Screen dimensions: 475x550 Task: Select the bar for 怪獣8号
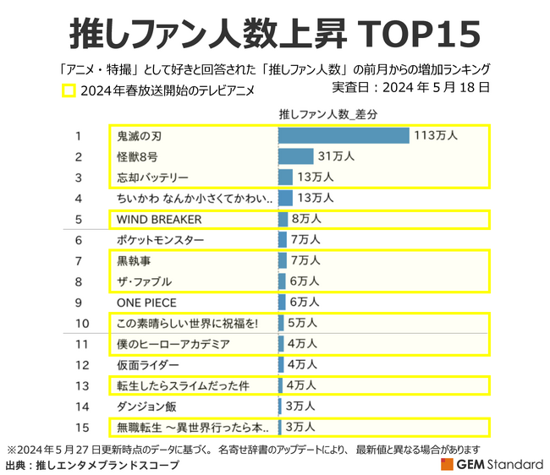pos(295,156)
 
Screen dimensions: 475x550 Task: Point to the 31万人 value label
pos(336,156)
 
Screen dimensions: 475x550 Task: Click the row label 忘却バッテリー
pos(153,177)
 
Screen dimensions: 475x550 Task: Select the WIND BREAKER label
pos(159,219)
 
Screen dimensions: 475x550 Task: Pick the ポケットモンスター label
pos(160,240)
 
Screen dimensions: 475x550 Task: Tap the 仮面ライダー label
pos(148,364)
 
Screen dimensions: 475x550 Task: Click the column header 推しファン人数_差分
pos(327,114)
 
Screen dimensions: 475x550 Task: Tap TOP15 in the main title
pos(421,34)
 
